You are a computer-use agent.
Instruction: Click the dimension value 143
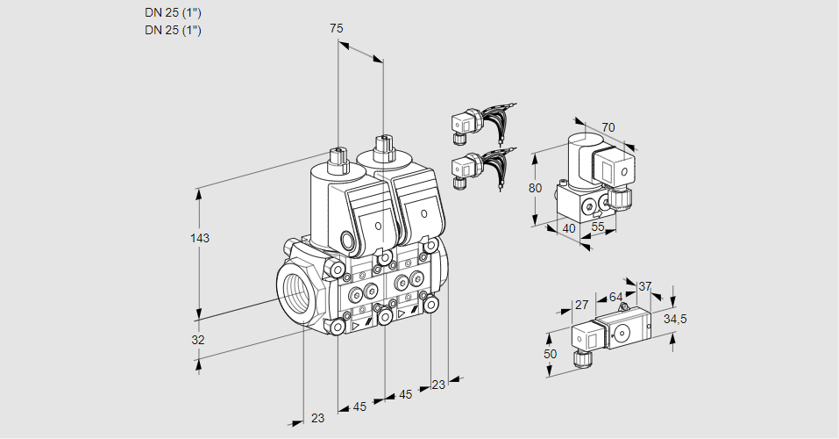point(202,238)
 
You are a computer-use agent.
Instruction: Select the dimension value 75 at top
point(336,29)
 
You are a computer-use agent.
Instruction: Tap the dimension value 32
point(198,340)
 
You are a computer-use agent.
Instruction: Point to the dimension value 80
point(537,188)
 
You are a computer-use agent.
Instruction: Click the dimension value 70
point(608,127)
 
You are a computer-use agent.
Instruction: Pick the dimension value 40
point(568,228)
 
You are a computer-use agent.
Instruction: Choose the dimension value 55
point(599,228)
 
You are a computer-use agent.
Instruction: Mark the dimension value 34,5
point(674,318)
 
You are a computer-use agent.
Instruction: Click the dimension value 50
point(551,354)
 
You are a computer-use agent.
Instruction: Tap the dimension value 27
point(581,306)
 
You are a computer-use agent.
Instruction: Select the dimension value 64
point(615,298)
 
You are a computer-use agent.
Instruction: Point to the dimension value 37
point(644,286)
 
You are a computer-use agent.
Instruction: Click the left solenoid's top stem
point(337,159)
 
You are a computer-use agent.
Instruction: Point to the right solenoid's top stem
point(382,145)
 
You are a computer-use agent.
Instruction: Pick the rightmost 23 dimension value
point(438,385)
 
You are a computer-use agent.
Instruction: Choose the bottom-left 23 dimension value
point(317,418)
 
